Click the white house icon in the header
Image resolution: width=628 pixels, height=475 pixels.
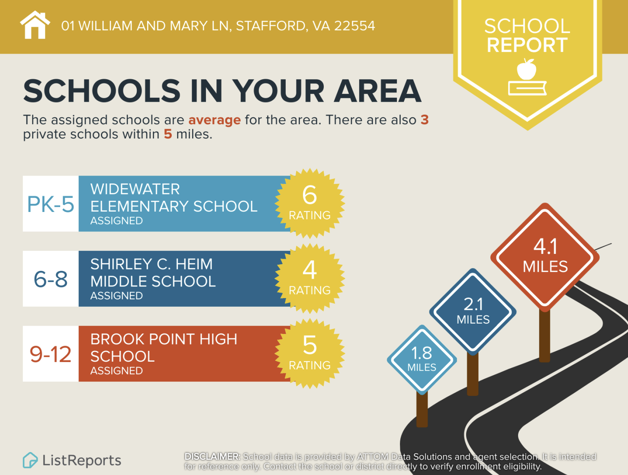(35, 26)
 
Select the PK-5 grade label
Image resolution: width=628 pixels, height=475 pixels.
(51, 204)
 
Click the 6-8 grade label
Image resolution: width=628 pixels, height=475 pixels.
(51, 279)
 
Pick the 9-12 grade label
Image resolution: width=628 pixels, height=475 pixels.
(51, 354)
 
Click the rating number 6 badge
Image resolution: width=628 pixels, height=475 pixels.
(309, 202)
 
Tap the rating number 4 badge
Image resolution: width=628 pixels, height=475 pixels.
(309, 278)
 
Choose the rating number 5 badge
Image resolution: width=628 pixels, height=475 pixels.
(309, 353)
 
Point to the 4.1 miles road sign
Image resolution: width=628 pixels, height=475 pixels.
(545, 257)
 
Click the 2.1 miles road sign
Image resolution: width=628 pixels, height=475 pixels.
(473, 311)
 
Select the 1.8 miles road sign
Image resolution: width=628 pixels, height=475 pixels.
(422, 359)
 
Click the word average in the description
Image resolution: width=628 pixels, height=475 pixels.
(214, 120)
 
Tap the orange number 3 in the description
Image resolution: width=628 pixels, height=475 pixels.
(425, 120)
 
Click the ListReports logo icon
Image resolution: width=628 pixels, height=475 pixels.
(30, 460)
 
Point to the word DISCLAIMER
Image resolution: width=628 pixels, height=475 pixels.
(212, 457)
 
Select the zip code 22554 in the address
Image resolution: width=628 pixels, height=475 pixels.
(354, 26)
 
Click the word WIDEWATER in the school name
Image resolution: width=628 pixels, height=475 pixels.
(135, 189)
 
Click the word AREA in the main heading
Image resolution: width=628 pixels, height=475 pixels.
(378, 91)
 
